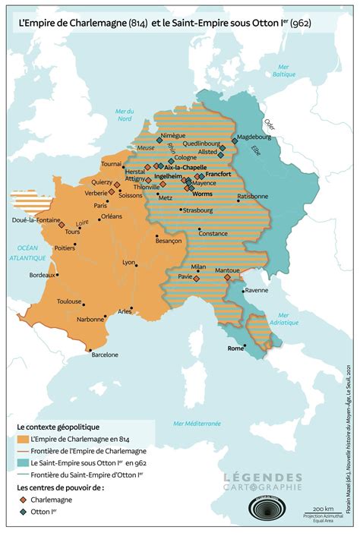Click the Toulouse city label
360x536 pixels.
point(70,301)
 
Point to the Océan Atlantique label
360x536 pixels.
point(28,253)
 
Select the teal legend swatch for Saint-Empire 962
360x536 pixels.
point(23,462)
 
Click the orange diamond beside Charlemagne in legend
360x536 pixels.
point(24,499)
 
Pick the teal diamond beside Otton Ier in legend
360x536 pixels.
point(24,511)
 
